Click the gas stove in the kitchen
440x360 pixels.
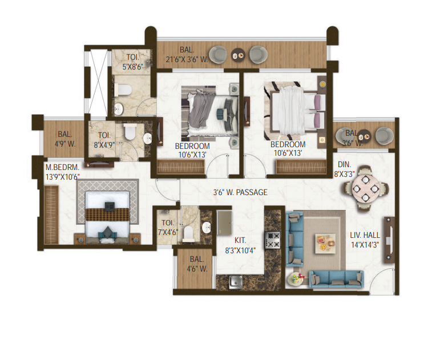pyautogui.click(x=272, y=240)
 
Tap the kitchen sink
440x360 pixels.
pyautogui.click(x=236, y=282)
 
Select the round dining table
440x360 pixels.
pyautogui.click(x=365, y=188)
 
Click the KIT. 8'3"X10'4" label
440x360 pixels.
pyautogui.click(x=240, y=245)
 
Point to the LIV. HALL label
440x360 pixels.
pyautogui.click(x=365, y=235)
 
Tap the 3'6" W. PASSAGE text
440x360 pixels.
pyautogui.click(x=240, y=192)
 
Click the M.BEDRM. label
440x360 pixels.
pyautogui.click(x=63, y=168)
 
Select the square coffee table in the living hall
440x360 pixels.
pyautogui.click(x=325, y=244)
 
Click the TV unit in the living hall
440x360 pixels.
pyautogui.click(x=389, y=240)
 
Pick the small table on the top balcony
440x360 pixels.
pyautogui.click(x=238, y=55)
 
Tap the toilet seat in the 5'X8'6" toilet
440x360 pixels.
pyautogui.click(x=123, y=90)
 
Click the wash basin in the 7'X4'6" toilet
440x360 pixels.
pyautogui.click(x=207, y=228)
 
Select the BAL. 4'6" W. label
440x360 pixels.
pyautogui.click(x=197, y=264)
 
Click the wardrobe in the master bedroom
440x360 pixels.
pyautogui.click(x=51, y=215)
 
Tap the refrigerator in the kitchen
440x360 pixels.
pyautogui.click(x=224, y=223)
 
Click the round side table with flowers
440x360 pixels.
pyautogui.click(x=296, y=279)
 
